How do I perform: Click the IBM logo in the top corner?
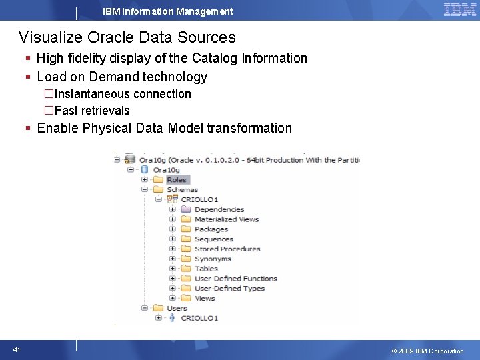click(460, 10)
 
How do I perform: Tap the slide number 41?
click(16, 350)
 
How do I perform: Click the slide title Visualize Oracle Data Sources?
click(127, 37)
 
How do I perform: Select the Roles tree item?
click(177, 179)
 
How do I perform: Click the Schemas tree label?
click(182, 189)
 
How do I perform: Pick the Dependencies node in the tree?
click(219, 209)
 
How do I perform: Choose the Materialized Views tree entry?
click(226, 219)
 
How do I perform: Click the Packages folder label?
click(211, 229)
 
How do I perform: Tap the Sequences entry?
click(213, 239)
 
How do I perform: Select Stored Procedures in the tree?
click(227, 249)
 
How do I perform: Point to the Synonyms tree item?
click(213, 259)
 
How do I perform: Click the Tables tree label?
click(206, 269)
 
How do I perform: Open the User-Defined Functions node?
click(235, 279)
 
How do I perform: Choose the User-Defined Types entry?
click(229, 289)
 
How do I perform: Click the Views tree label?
click(205, 298)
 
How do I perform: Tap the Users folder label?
click(177, 308)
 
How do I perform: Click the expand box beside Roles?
click(145, 179)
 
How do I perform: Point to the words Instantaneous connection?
click(123, 94)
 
